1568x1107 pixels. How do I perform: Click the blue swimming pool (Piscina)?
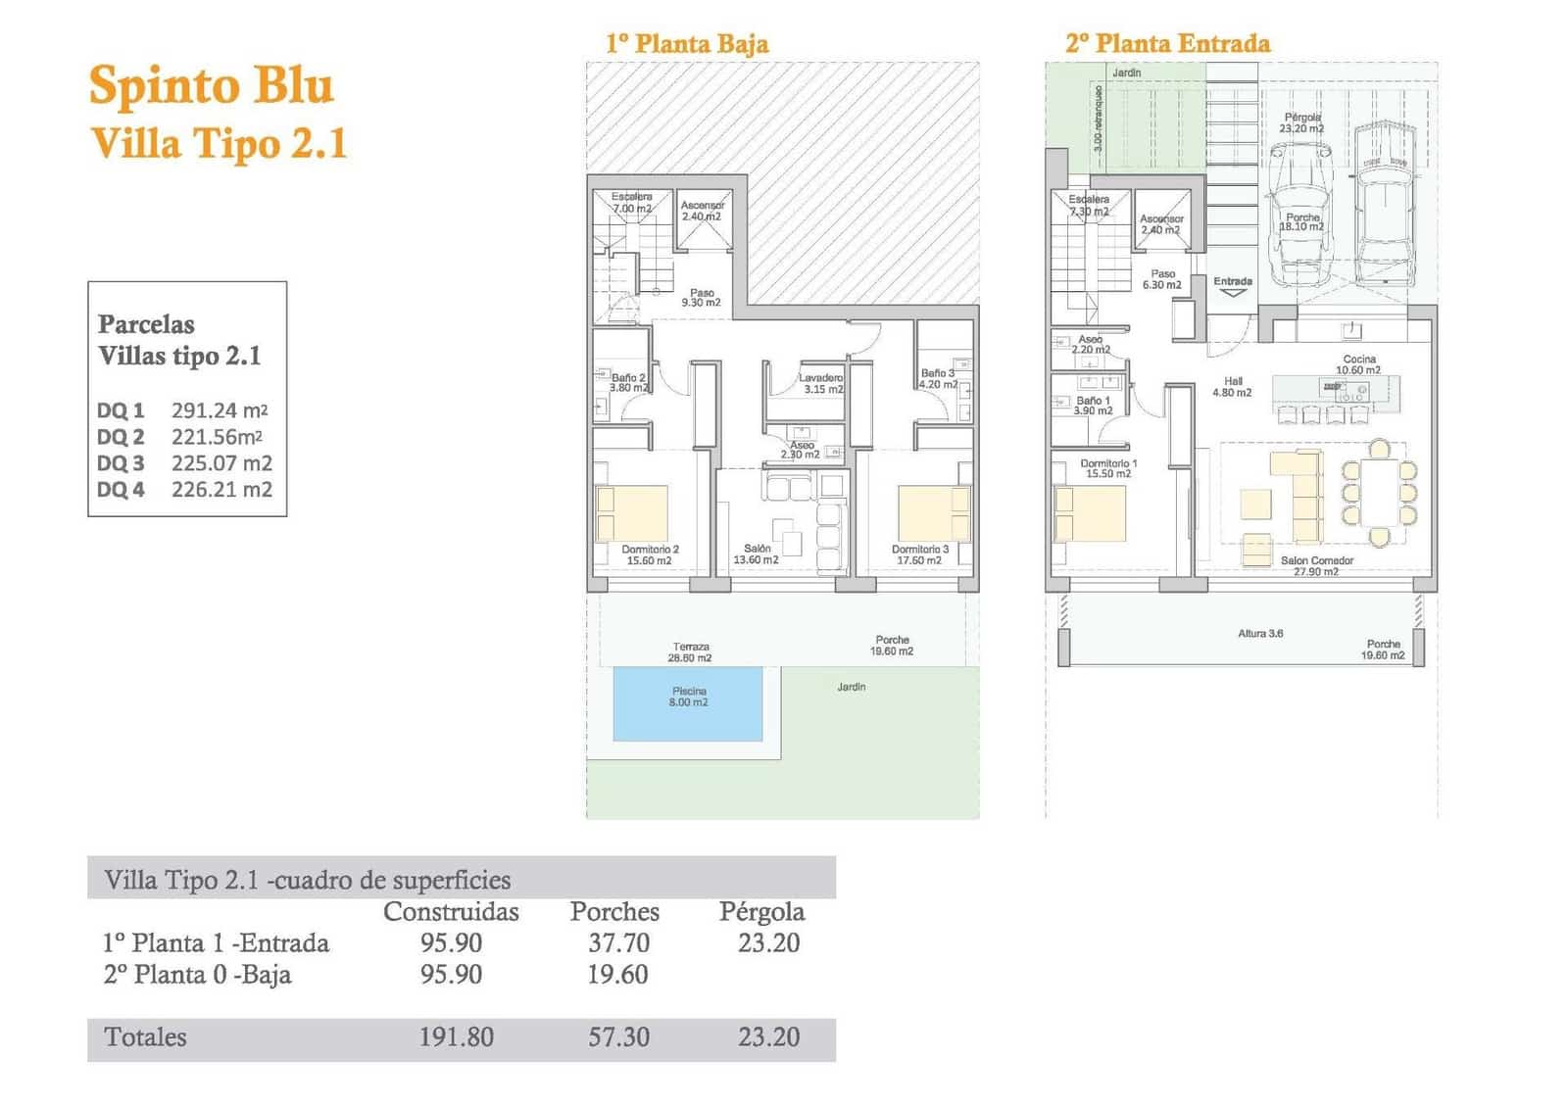(x=687, y=703)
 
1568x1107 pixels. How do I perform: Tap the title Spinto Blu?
(x=211, y=86)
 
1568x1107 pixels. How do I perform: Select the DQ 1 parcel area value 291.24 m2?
(x=220, y=410)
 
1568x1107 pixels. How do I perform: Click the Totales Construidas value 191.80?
(x=457, y=1036)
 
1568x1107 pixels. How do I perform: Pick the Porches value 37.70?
(x=618, y=942)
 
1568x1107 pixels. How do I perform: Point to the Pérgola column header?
(x=761, y=911)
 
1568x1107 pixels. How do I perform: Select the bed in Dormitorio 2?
(x=632, y=513)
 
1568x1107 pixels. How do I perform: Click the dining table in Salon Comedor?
(x=1380, y=493)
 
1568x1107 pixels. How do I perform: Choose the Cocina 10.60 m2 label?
(x=1358, y=364)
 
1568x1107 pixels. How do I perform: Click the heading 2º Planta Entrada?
(x=1167, y=43)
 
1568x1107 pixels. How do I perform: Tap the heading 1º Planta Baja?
(x=687, y=43)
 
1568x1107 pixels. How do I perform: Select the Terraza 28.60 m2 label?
(x=691, y=651)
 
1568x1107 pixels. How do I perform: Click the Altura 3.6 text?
(x=1260, y=634)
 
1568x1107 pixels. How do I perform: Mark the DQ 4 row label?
(x=121, y=490)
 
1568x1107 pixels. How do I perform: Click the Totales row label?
(x=145, y=1036)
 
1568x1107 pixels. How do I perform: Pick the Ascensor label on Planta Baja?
(x=702, y=211)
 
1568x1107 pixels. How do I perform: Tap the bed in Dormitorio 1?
(x=1090, y=513)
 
